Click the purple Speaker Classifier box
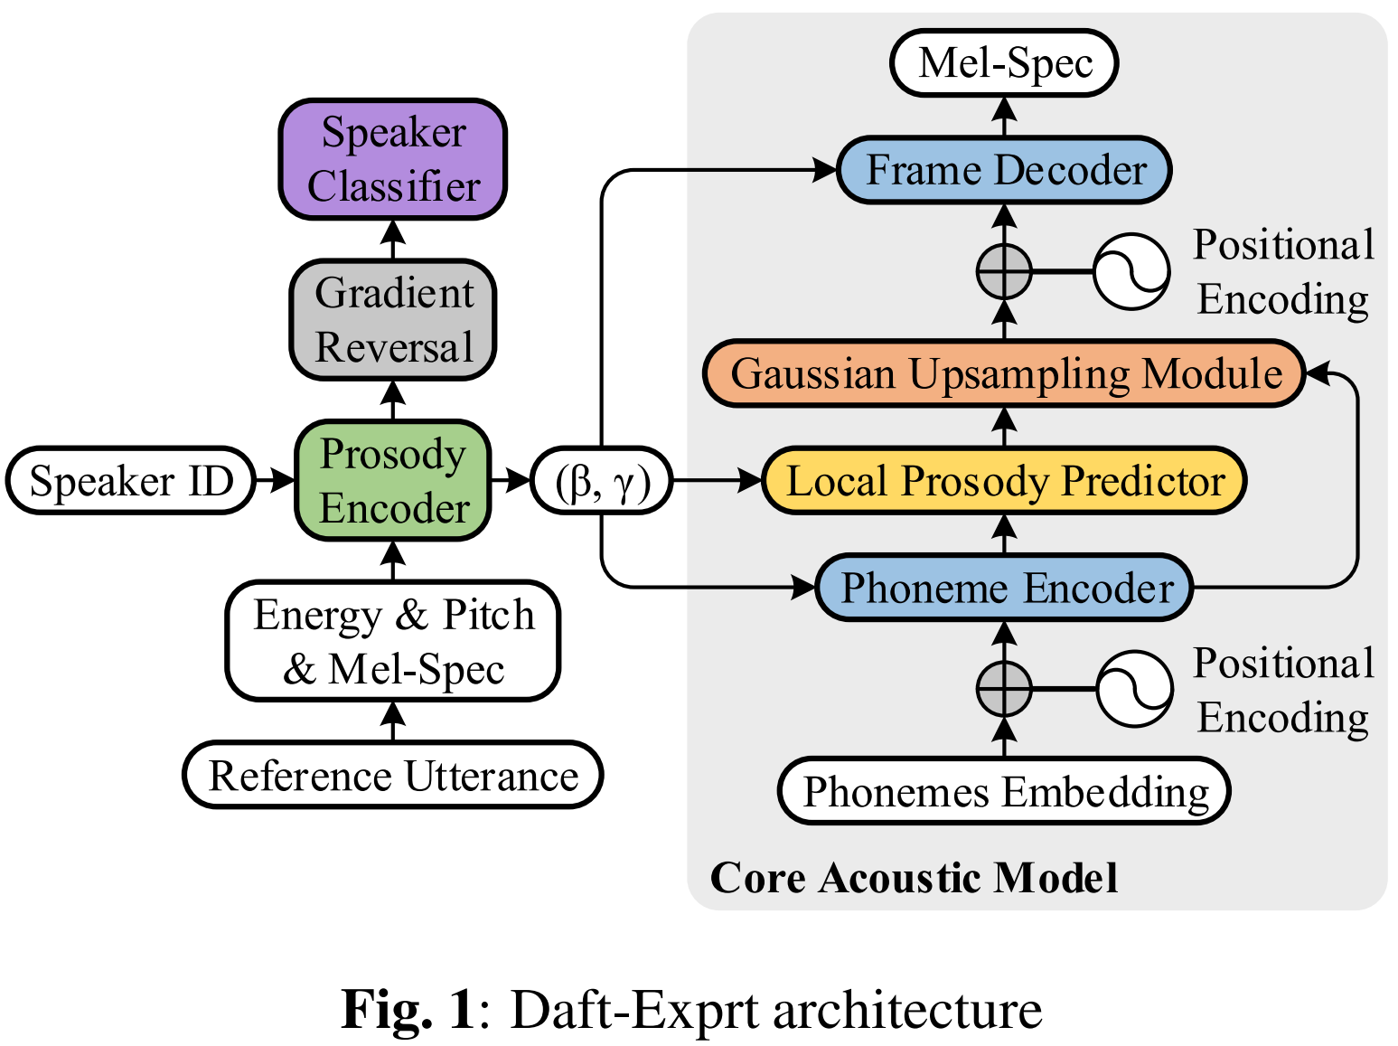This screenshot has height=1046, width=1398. point(393,159)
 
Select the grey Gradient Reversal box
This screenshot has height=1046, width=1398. point(393,320)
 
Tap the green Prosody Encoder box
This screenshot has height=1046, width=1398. point(393,480)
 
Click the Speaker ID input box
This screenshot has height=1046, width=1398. point(131,480)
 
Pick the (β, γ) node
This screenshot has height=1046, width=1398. point(602,481)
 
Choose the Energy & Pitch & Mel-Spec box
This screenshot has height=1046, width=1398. point(393,641)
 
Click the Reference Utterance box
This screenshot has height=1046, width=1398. point(393,776)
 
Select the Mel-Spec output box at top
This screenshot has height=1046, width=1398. point(1004,63)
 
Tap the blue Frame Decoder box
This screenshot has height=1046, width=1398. point(1004,170)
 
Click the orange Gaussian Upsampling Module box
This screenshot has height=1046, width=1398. point(1004,373)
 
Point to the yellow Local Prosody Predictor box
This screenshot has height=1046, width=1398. point(1004,480)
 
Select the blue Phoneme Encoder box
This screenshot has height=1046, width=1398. point(1004,588)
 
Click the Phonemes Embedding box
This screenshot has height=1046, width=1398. point(1004,792)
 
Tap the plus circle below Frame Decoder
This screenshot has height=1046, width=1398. point(1004,270)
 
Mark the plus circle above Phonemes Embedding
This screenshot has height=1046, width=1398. point(1004,689)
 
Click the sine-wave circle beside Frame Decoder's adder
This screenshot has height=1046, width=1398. point(1131,270)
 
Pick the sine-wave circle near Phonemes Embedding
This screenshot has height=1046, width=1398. point(1134,689)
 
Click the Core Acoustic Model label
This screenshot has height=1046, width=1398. point(914,878)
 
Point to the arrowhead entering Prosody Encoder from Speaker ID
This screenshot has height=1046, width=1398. point(286,480)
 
